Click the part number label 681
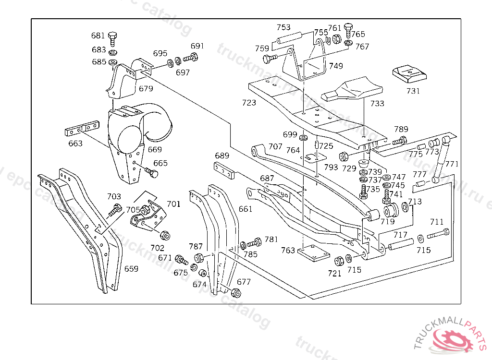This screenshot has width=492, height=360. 98,36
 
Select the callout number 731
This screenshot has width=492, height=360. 413,91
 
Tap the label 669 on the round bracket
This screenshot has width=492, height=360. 155,150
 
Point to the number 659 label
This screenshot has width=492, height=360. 131,269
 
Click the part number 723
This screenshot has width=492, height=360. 249,103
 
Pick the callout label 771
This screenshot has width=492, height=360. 452,164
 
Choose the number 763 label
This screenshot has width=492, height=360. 288,251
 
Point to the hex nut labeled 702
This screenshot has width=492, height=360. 164,235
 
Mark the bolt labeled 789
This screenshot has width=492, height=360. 400,141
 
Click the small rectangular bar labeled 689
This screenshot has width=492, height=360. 224,171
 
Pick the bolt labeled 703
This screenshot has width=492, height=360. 116,209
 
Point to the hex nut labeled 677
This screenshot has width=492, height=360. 235,292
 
